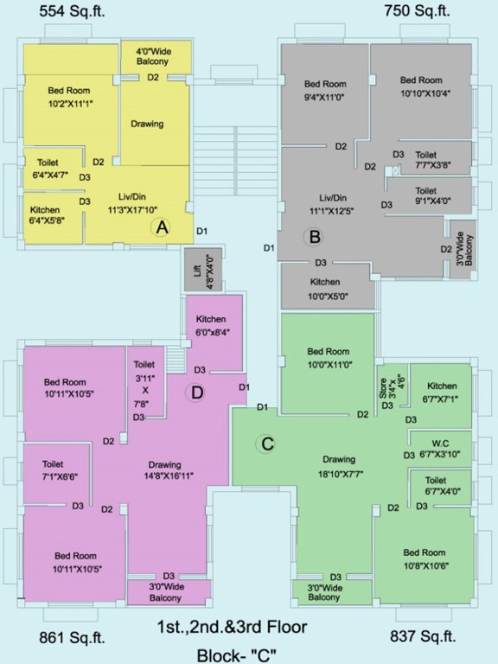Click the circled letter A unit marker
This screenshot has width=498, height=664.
pos(160,227)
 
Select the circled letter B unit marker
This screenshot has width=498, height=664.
pos(315,236)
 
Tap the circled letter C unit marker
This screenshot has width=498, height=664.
pos(267,444)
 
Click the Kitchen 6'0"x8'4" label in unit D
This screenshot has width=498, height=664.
pos(212,326)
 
